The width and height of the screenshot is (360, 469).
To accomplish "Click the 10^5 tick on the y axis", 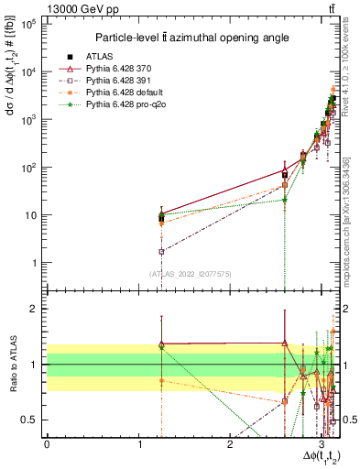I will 28,25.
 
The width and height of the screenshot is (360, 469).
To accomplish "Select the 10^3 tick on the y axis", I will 28,120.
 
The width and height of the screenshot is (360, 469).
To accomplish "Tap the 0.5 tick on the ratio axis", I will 29,420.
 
